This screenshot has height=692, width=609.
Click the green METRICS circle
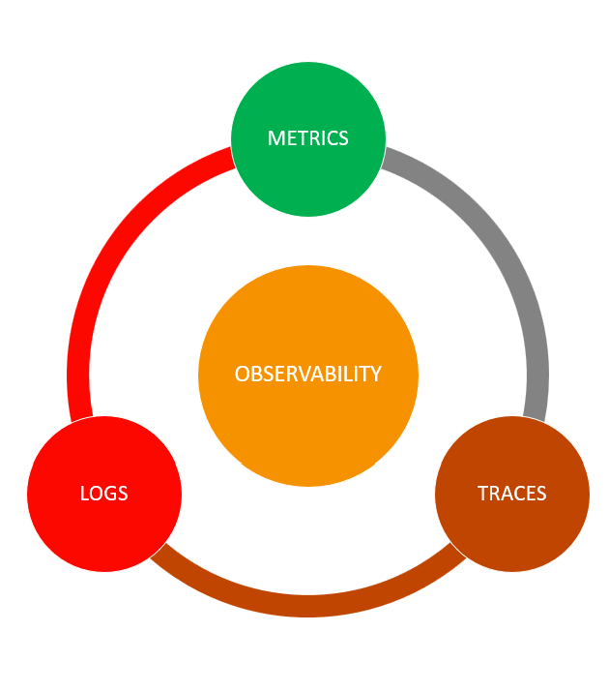[x=308, y=139]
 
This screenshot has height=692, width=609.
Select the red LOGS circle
[x=104, y=494]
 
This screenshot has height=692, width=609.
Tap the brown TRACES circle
[x=512, y=494]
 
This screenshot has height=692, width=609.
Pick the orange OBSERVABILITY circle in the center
[x=308, y=376]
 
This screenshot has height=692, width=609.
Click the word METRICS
[x=308, y=138]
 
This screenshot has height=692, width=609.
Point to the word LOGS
[x=104, y=494]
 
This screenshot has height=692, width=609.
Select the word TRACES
[x=512, y=494]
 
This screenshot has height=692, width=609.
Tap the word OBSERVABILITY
[x=308, y=374]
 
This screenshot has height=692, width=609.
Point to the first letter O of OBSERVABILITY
[x=243, y=374]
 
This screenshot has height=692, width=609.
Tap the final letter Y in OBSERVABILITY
[x=376, y=374]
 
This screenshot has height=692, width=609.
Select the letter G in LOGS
[x=110, y=494]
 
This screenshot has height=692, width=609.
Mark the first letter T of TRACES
[x=483, y=494]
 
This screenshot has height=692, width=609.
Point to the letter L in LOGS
[x=84, y=494]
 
